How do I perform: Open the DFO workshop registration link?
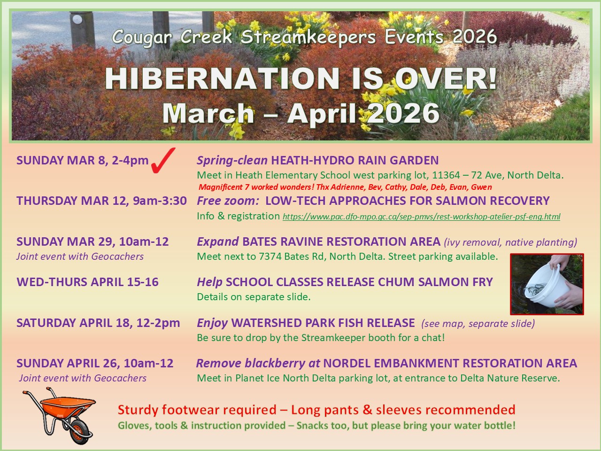point(421,217)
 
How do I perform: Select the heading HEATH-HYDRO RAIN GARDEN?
point(355,161)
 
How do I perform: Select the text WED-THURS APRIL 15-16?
point(88,282)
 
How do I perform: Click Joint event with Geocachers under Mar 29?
point(80,257)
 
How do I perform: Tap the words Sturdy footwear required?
point(197,410)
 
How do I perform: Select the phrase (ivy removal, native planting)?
point(511,242)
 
